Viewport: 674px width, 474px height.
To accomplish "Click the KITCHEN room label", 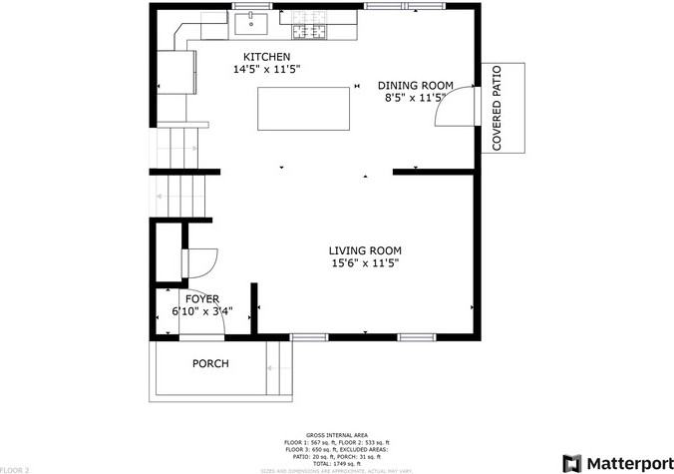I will click(x=267, y=57).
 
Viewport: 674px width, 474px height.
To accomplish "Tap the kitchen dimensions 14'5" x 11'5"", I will click(x=267, y=71).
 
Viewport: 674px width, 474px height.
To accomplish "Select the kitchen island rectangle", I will click(x=305, y=109).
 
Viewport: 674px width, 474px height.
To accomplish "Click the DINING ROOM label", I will click(x=416, y=85).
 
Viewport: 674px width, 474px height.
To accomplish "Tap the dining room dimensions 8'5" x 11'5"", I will click(x=416, y=98).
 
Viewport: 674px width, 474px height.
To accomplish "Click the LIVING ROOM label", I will click(x=366, y=250).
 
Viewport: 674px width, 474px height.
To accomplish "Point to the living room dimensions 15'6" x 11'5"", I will click(x=366, y=264).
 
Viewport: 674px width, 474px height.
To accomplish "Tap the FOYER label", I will click(x=201, y=298).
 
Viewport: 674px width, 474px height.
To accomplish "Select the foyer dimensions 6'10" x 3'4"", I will click(x=201, y=311).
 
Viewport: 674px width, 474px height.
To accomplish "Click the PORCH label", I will click(x=210, y=364).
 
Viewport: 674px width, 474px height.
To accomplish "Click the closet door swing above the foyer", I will click(x=196, y=262).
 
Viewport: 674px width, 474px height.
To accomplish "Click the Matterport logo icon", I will click(x=573, y=463).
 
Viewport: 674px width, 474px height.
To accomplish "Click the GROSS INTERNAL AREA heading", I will click(x=336, y=435).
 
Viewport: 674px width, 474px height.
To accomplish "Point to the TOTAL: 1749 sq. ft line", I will click(x=336, y=462).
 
